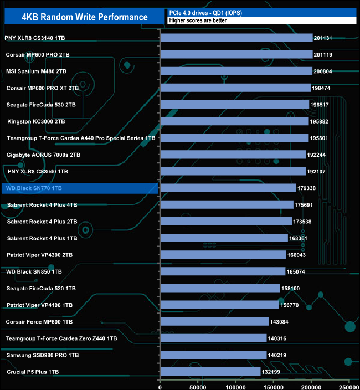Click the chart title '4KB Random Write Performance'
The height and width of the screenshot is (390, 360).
(85, 17)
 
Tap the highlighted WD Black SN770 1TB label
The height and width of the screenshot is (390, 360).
(34, 188)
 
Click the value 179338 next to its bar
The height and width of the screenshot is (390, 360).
(307, 188)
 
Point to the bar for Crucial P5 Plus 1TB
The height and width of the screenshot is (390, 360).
(210, 372)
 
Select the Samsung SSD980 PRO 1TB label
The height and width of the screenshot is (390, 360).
(43, 355)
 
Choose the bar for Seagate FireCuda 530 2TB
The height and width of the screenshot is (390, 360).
(234, 105)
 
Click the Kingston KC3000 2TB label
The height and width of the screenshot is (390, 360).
(36, 121)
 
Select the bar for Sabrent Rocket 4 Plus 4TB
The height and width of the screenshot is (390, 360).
(227, 205)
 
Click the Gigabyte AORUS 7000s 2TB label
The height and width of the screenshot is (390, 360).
(43, 155)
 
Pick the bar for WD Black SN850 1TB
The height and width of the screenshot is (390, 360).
(223, 271)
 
